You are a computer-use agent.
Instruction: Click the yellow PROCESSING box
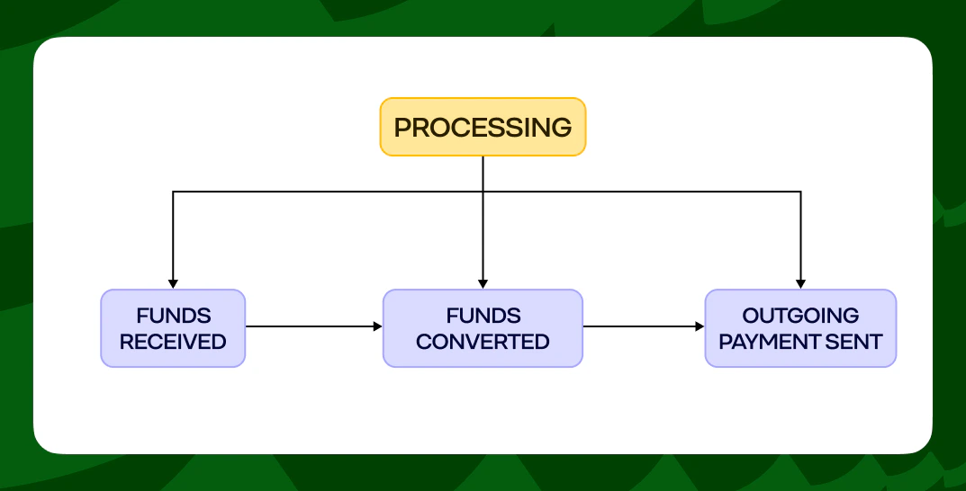[483, 127]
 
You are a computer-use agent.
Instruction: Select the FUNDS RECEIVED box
[173, 328]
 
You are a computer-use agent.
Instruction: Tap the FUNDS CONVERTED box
[483, 328]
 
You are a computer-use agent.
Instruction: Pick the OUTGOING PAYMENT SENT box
[800, 328]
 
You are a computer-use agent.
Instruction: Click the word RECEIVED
[173, 342]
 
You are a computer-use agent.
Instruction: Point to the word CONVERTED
[483, 342]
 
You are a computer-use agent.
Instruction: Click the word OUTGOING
[800, 316]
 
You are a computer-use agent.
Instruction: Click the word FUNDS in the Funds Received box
[174, 316]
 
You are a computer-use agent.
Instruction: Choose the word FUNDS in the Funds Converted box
[483, 316]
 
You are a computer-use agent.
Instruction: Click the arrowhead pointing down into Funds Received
[173, 284]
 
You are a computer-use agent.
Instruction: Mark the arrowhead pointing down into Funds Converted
[483, 284]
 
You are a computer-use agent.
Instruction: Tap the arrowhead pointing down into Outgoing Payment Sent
[800, 284]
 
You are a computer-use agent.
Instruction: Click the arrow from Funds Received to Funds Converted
[313, 326]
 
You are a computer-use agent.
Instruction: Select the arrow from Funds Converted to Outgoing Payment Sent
[643, 326]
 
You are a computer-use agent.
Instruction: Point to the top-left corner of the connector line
[173, 192]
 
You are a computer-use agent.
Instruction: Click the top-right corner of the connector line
[800, 192]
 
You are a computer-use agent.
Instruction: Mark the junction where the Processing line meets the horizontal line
[483, 192]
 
